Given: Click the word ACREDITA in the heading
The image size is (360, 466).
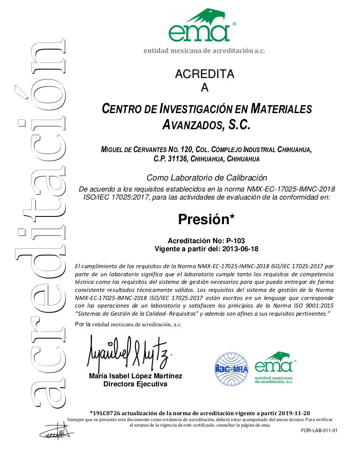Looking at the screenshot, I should [205, 74].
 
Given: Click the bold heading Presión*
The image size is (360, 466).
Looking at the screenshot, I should [206, 219].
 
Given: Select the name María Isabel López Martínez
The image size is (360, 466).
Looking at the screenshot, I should [136, 376].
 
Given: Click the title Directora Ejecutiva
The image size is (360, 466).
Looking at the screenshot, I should [136, 384].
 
